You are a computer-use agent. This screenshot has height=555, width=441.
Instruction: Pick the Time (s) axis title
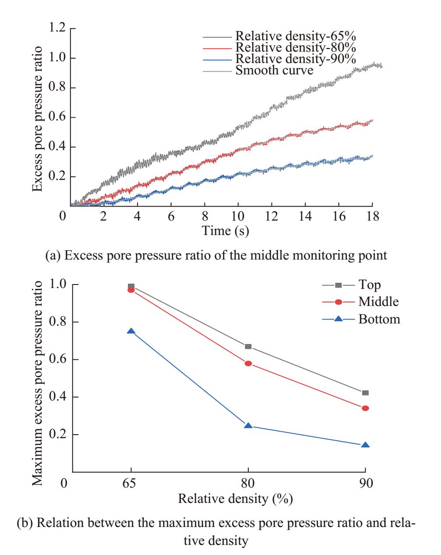click(x=226, y=231)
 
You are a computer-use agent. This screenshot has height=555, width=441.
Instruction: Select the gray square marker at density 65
click(x=131, y=287)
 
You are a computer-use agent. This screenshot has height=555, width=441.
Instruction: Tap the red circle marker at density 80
click(x=248, y=363)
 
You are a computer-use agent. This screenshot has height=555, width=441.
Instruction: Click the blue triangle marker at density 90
click(x=365, y=445)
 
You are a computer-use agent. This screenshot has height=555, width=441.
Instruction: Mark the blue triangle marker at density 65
click(x=131, y=331)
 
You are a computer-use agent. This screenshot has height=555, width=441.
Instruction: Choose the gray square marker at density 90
click(x=365, y=393)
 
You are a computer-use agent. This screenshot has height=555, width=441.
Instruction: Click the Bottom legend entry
click(x=379, y=319)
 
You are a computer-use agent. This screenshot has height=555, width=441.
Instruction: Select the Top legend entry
click(x=370, y=285)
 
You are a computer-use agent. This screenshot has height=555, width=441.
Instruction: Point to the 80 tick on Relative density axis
click(x=248, y=484)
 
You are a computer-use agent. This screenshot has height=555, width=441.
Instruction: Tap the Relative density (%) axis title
click(x=235, y=498)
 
